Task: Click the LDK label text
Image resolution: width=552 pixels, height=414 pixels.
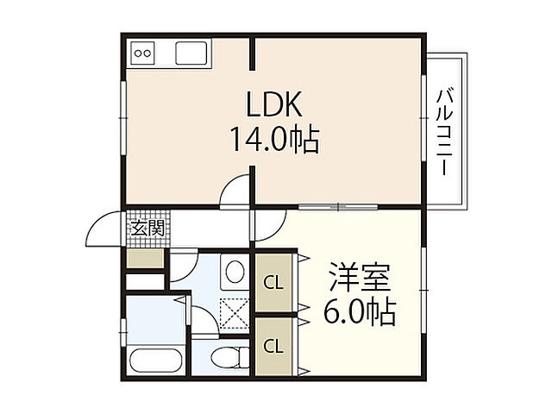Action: coord(273,104)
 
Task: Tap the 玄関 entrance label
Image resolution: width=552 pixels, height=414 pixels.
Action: coord(147,228)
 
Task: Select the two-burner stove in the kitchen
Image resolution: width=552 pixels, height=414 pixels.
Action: coord(143,53)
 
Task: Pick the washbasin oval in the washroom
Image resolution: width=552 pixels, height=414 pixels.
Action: coord(233,273)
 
